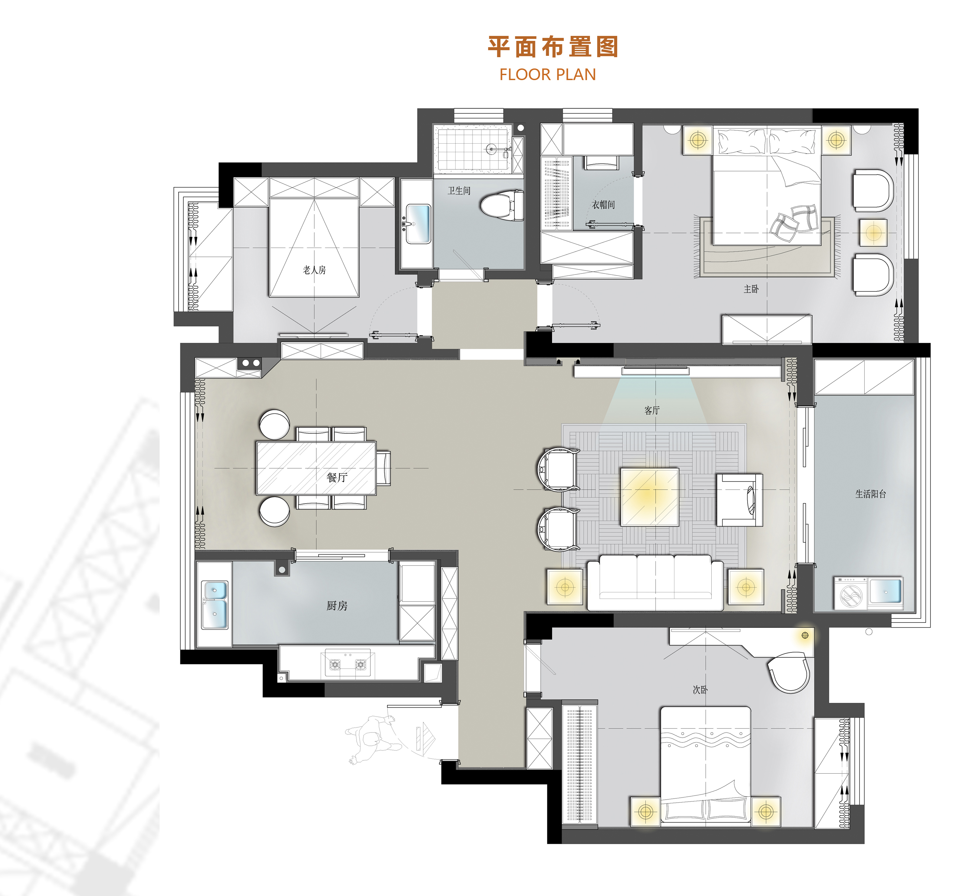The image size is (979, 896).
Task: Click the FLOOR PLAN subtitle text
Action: pos(547,75)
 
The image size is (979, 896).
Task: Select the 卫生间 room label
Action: pos(459,191)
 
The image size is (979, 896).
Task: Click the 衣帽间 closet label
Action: pos(603,205)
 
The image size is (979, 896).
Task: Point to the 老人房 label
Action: pos(314,270)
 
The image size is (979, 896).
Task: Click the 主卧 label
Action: pos(751,289)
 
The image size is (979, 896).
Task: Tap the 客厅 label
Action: pos(652,411)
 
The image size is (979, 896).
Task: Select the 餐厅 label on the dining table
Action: pos(337,478)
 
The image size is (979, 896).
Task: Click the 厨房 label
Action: pos(337,606)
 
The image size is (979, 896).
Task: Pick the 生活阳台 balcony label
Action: pos(871,494)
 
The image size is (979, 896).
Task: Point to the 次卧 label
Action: pos(700,690)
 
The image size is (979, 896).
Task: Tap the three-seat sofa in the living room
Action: pos(655,583)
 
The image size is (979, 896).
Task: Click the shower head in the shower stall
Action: pos(492,149)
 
